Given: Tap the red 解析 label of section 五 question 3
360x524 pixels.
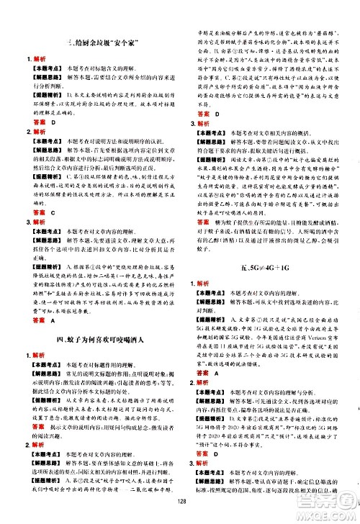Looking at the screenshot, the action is [209, 461].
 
